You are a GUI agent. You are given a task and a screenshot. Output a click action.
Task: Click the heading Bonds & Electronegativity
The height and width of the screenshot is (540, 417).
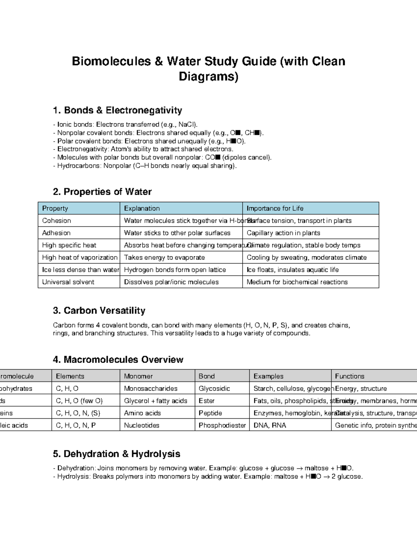pos(117,111)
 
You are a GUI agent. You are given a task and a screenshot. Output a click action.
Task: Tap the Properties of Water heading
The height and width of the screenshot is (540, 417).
pos(102,192)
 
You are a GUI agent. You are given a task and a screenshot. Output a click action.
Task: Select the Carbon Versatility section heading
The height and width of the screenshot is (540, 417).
pos(99,311)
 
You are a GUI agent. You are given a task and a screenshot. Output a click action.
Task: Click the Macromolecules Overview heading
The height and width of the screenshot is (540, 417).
pos(118,360)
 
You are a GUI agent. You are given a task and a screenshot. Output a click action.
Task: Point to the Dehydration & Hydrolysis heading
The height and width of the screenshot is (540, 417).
pos(116,454)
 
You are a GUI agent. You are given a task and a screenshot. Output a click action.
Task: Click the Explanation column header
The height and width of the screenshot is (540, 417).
pos(142,209)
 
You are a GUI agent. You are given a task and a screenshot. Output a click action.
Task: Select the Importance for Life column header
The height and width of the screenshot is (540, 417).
pos(275,209)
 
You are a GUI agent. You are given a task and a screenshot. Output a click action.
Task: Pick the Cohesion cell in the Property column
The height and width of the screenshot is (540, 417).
pos(57,221)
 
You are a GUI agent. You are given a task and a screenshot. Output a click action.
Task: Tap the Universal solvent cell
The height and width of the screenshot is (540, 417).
pos(68,282)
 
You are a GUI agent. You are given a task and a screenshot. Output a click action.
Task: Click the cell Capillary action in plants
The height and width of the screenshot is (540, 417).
pos(283,233)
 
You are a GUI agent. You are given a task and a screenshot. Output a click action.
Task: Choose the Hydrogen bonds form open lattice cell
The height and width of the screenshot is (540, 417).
pos(175,270)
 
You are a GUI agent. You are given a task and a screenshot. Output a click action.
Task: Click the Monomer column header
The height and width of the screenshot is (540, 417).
pos(138,376)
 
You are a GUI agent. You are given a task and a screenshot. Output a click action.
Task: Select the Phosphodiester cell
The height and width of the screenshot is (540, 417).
pos(222,425)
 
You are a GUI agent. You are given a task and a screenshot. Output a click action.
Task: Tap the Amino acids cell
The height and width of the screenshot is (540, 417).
pos(142,413)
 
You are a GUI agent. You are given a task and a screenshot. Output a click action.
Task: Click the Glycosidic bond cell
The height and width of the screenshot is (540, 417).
pos(214,388)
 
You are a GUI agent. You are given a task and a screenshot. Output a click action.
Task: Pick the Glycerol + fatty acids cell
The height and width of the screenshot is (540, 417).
pos(155,401)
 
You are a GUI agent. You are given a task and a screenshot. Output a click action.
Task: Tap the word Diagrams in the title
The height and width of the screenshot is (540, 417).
pos(208,76)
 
